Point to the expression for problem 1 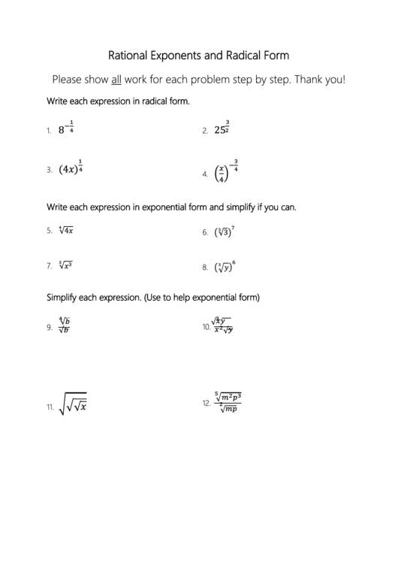pos(65,129)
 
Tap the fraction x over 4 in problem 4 pos(221,174)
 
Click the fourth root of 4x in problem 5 pos(65,231)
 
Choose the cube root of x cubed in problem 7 pos(65,265)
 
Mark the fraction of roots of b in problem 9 pos(64,325)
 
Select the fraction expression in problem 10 pos(223,325)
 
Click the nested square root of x pos(74,406)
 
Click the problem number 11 pos(50,408)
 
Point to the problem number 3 pos(49,170)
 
